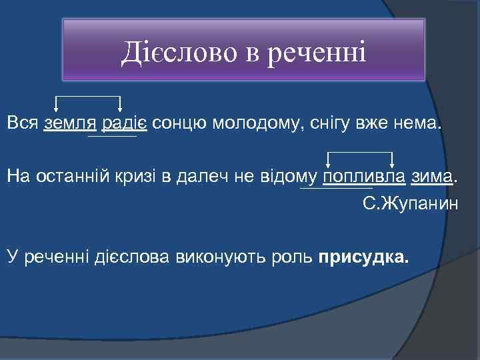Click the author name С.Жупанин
411,204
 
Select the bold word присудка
365,257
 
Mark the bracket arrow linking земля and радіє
87,98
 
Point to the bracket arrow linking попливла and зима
360,153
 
